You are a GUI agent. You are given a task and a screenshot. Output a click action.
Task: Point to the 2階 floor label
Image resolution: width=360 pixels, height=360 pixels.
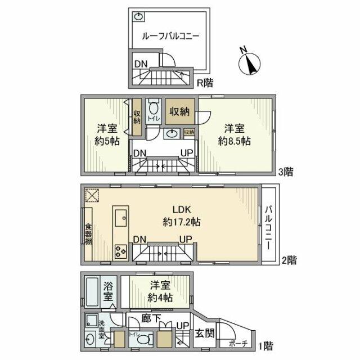pyautogui.click(x=289, y=260)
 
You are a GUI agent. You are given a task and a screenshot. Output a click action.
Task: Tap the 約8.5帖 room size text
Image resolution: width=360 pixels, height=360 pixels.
pyautogui.click(x=235, y=142)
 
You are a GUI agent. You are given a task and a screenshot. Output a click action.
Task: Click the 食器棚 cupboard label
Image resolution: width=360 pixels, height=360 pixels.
pyautogui.click(x=88, y=233)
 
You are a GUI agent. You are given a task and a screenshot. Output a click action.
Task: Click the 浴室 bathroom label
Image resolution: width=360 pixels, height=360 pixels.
pyautogui.click(x=109, y=292)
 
